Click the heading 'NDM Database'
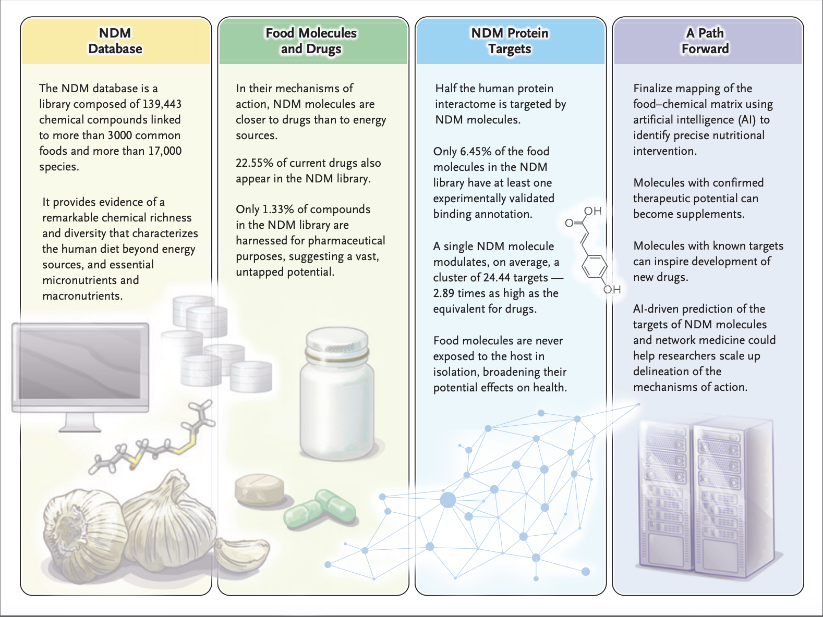point(115,41)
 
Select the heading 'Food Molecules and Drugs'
point(311,41)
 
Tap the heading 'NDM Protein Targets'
point(510,41)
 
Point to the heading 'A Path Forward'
point(705,41)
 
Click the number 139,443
point(162,104)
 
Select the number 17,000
point(165,151)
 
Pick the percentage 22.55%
point(254,163)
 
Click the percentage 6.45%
point(475,152)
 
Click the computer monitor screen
point(80,365)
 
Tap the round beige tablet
point(260,490)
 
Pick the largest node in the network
point(448,500)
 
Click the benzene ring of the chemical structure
point(595,268)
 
